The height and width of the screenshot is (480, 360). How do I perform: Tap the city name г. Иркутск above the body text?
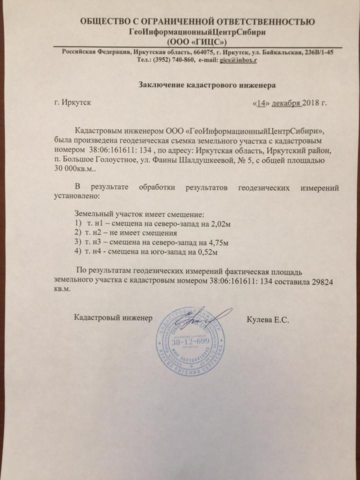(x=72, y=103)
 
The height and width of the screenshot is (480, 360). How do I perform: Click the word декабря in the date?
(x=285, y=103)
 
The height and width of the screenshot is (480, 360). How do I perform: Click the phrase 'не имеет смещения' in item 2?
(x=144, y=233)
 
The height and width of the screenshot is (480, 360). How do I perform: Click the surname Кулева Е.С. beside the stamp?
(x=268, y=318)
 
